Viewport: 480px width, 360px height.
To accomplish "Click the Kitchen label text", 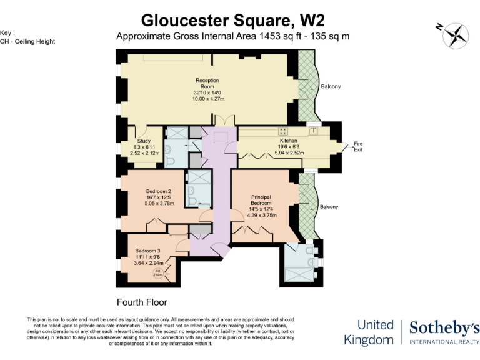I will (x=288, y=141).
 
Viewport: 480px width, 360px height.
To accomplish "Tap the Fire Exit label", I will (x=358, y=147).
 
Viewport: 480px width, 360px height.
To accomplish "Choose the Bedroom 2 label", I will (x=159, y=191).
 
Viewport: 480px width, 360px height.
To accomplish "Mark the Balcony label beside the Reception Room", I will (x=331, y=86).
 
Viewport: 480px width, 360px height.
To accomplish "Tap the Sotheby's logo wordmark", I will (x=444, y=327).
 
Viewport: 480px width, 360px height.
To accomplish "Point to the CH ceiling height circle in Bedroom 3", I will (x=159, y=272).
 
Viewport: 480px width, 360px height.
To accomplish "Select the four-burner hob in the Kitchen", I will (x=283, y=131).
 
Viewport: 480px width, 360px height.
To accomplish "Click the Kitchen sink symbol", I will (x=312, y=131).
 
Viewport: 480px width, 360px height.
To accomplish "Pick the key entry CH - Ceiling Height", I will (x=27, y=41).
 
